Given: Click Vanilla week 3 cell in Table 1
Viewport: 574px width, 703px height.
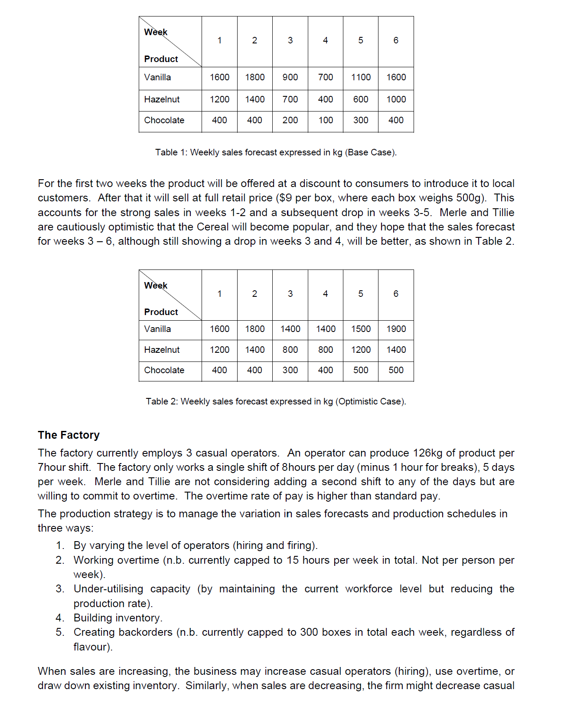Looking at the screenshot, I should tap(290, 77).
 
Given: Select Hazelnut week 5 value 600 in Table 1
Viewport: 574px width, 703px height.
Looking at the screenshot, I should tap(361, 99).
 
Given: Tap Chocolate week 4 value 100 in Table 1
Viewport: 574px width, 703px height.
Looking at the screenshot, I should tap(326, 120).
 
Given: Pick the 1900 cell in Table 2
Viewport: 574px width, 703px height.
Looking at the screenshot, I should tap(396, 329).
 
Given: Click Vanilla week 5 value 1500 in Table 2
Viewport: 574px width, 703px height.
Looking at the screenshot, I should tap(361, 329).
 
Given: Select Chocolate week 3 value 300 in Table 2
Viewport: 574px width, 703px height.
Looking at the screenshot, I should tap(290, 370).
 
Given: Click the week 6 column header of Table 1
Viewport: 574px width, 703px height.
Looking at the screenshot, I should tap(396, 40).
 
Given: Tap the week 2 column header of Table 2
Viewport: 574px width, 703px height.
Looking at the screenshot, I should tap(254, 294).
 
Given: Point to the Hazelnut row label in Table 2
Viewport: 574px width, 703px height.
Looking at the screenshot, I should tap(162, 350).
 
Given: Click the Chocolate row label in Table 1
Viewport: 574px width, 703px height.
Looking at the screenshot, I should tap(164, 120).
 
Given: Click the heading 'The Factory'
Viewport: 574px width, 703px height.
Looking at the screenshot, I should tap(68, 435).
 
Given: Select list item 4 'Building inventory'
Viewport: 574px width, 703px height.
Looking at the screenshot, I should tap(117, 618).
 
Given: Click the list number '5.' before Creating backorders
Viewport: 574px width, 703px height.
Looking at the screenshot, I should tap(60, 632).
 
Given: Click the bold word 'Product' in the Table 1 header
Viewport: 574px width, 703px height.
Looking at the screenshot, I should tap(161, 59).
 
